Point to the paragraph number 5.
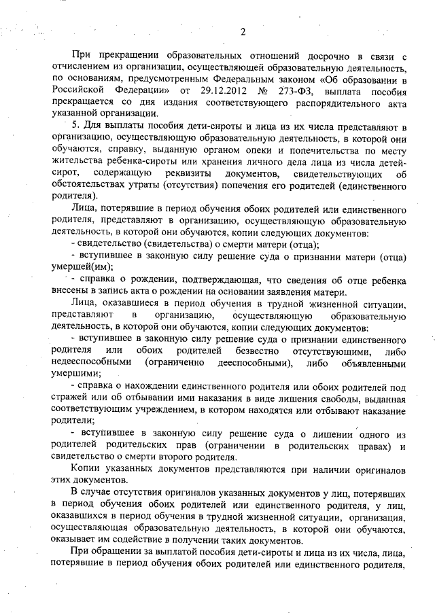coord(74,126)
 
